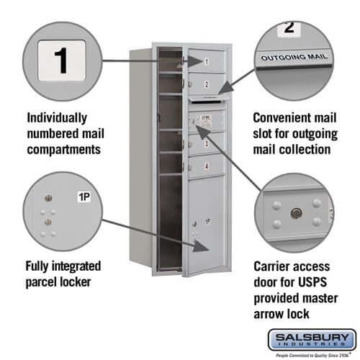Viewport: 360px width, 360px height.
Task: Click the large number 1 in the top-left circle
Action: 62,60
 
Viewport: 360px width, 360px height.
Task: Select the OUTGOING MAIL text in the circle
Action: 293,55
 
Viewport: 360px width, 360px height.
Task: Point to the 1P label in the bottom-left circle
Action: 84,195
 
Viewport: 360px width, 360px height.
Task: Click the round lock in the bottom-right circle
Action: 294,214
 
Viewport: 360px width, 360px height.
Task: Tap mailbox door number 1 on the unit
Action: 207,62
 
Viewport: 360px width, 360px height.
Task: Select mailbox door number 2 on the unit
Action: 207,84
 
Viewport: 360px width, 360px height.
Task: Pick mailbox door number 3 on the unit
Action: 207,143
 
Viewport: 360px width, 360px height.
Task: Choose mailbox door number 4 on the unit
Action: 207,166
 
